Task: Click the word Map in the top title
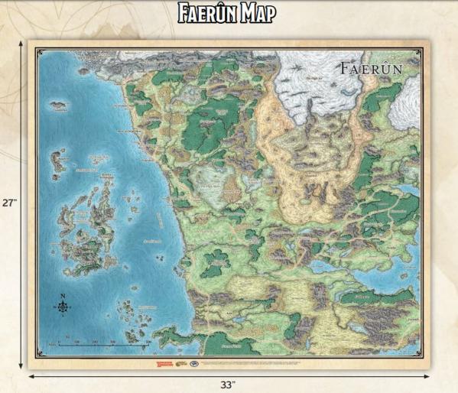tap(253, 13)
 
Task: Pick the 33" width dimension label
tap(229, 383)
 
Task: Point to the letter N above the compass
tap(63, 295)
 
